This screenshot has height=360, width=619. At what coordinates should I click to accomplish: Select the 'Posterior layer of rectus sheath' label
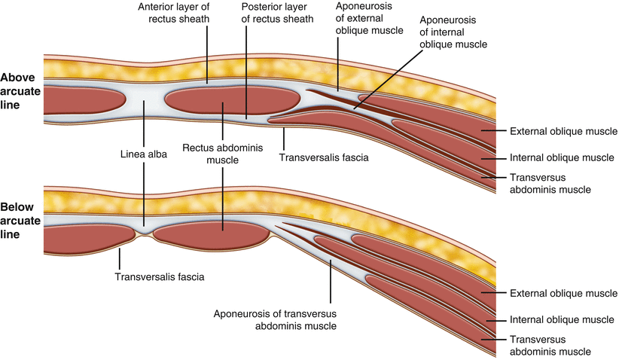click(x=261, y=13)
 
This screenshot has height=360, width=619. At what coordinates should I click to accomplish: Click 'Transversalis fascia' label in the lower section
click(x=160, y=276)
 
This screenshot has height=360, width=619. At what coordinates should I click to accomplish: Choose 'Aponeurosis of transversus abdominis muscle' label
click(x=275, y=319)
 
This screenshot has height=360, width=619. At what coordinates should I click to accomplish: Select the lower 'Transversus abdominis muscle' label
click(x=550, y=346)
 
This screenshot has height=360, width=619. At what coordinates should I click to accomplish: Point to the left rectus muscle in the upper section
click(x=84, y=101)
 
